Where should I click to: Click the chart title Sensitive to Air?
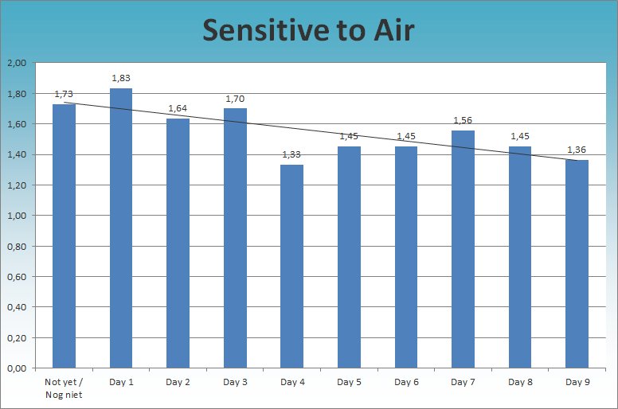308,30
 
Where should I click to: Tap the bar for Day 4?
292,267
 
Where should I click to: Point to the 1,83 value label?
121,78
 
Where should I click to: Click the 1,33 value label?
292,154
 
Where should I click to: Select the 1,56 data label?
463,120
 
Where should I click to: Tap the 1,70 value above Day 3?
235,99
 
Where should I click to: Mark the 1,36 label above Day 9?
577,150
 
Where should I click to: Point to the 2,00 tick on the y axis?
16,63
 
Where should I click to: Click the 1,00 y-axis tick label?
16,216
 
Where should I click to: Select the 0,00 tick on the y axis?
16,368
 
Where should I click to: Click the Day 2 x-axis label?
178,383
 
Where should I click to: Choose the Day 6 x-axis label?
406,383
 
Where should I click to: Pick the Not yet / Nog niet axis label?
64,388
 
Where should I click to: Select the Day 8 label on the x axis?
520,383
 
